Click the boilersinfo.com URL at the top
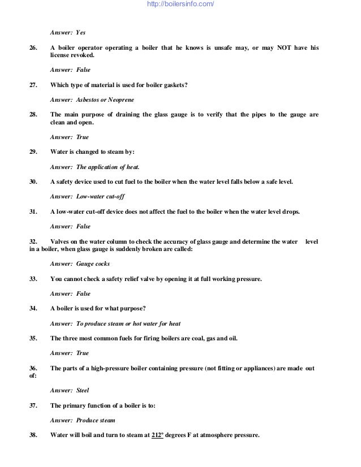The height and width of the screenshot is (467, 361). pyautogui.click(x=180, y=5)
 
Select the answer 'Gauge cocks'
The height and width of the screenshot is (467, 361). pyautogui.click(x=93, y=264)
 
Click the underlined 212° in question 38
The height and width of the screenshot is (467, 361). pyautogui.click(x=158, y=435)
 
